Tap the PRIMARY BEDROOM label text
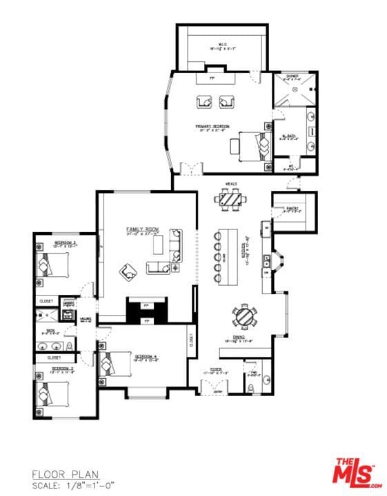(x=212, y=127)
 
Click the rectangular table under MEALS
(x=229, y=199)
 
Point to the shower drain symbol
(x=295, y=90)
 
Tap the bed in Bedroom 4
(x=114, y=364)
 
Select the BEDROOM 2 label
(x=66, y=242)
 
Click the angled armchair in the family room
(x=128, y=272)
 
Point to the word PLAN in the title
(x=83, y=474)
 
